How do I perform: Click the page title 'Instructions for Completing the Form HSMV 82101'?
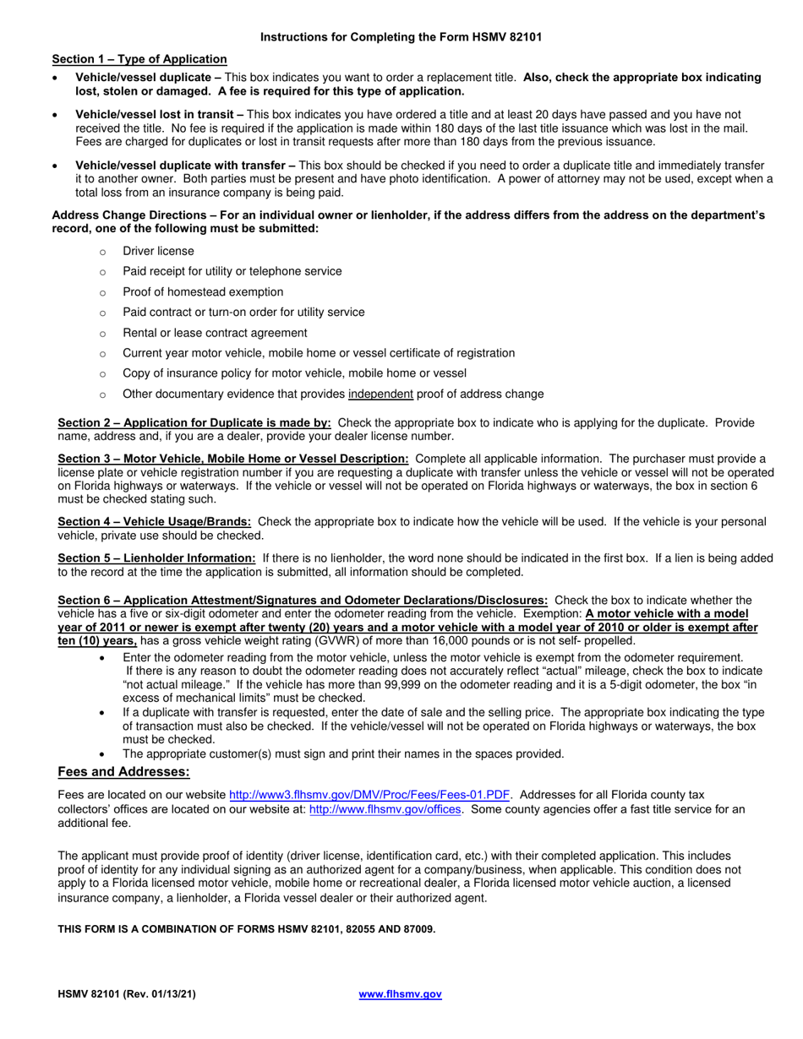[401, 37]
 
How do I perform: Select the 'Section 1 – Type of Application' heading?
[139, 59]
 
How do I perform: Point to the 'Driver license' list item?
[158, 251]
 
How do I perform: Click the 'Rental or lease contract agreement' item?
[215, 333]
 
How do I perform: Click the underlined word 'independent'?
[380, 394]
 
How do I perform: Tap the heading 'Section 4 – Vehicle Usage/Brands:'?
[154, 521]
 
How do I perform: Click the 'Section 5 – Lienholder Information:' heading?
[156, 558]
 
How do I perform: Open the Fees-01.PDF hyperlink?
[369, 795]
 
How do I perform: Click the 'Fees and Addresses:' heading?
[123, 772]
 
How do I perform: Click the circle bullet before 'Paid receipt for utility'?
[103, 272]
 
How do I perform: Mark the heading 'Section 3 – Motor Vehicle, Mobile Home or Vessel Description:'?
[233, 458]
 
